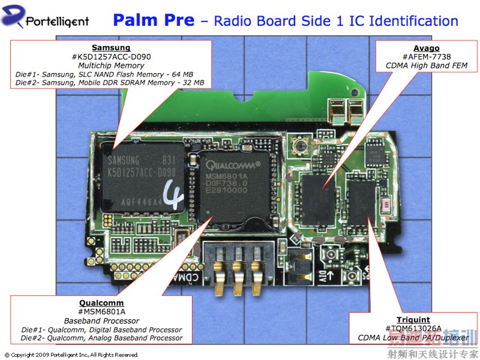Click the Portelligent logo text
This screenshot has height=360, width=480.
[57, 22]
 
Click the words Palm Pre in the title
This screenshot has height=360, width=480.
[154, 20]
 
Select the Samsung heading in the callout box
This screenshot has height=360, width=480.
[110, 47]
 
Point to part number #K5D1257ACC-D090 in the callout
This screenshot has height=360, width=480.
[110, 56]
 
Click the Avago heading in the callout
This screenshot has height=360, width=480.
[426, 48]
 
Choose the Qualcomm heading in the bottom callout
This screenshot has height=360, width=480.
[101, 303]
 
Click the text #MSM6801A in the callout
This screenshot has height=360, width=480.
[101, 312]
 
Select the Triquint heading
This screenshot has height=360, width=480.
[413, 320]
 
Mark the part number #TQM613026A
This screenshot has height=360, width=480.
[413, 329]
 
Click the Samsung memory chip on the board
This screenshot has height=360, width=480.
[143, 180]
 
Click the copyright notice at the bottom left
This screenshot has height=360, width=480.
[71, 355]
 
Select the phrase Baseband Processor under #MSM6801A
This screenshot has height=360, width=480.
[101, 321]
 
